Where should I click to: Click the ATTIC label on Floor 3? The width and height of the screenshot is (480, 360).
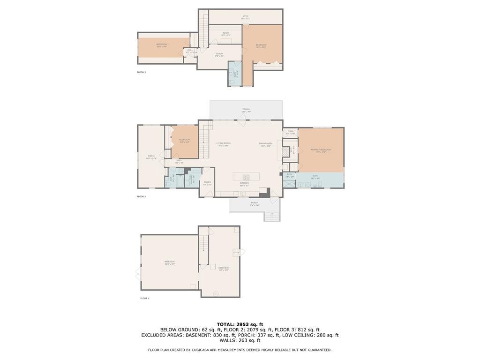tap(246, 16)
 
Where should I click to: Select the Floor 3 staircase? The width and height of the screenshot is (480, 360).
tap(203, 29)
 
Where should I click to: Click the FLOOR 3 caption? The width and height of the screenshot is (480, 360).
tap(141, 72)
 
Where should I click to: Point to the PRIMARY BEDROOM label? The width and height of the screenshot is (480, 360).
tap(321, 150)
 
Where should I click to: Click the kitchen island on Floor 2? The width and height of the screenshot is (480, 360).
tap(247, 176)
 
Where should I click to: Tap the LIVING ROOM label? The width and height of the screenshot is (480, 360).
tap(223, 143)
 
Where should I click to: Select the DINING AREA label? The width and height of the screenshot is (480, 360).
tap(266, 143)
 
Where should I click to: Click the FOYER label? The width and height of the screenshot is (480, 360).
tap(207, 182)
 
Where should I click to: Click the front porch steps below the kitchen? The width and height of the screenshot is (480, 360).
tap(272, 217)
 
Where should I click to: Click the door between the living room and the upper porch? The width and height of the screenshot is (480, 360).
tap(241, 120)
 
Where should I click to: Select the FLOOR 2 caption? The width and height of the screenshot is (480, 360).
tap(141, 196)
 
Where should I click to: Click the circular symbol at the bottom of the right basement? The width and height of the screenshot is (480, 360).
tap(215, 293)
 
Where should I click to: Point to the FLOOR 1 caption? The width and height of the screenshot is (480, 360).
tap(144, 298)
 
